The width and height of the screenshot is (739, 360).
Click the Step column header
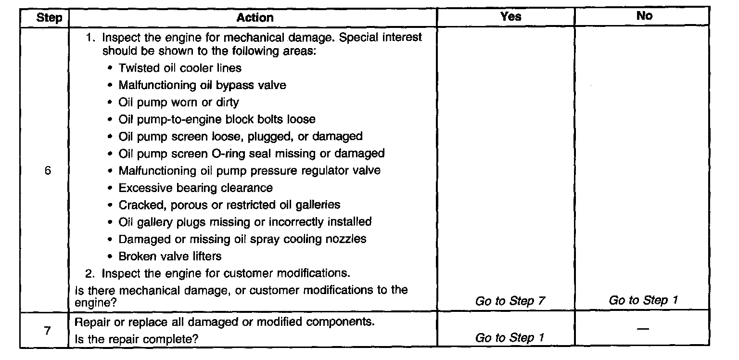pos(49,18)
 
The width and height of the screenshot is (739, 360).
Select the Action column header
pos(255,18)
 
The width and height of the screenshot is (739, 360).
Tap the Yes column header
pos(510,16)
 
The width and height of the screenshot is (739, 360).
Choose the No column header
pos(644,16)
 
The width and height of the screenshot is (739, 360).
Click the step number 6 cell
pos(47,171)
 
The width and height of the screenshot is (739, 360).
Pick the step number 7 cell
pos(47,331)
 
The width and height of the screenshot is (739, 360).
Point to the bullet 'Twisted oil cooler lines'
pos(180,68)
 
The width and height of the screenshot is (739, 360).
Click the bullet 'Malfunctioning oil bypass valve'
pos(202,85)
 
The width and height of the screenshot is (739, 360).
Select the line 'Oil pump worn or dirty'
pos(178,102)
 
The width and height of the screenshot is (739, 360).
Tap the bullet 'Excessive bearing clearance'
pos(195,188)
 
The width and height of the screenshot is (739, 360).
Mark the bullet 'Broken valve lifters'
pos(170,256)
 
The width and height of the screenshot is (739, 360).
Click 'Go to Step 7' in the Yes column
pos(510,301)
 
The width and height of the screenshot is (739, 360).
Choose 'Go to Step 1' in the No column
pos(643,301)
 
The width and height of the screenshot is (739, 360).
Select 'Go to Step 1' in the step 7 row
pos(510,338)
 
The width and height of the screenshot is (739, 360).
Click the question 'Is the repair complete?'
pos(137,339)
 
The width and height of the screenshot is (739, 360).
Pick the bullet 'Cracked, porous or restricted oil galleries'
pos(229,205)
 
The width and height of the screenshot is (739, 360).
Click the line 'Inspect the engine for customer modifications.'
pos(225,273)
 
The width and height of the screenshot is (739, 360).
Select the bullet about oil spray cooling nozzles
pos(242,239)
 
